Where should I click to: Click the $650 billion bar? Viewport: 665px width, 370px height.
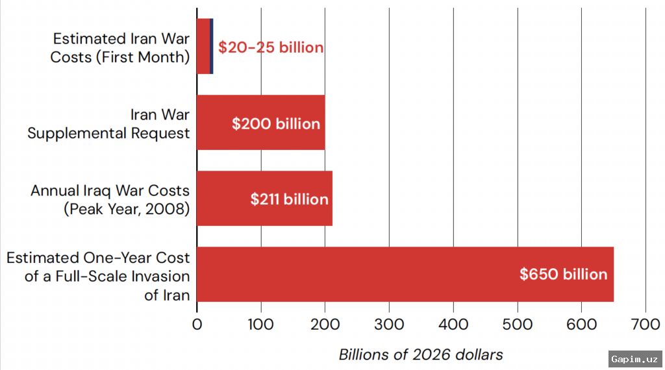[405, 274]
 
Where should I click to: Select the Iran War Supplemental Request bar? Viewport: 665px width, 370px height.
[261, 123]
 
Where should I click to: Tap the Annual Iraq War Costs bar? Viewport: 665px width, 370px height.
[265, 199]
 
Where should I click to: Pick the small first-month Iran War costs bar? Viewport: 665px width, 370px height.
[205, 46]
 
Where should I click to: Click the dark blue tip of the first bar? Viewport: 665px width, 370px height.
[212, 46]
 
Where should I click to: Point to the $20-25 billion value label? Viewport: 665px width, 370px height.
[271, 47]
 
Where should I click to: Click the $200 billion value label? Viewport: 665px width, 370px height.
[275, 124]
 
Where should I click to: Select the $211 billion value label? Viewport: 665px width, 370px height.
[289, 199]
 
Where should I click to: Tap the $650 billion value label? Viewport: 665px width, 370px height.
[563, 274]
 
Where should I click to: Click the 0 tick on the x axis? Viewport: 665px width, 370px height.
[197, 325]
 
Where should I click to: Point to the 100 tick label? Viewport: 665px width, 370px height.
[261, 325]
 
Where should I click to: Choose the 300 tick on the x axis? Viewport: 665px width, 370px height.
[389, 325]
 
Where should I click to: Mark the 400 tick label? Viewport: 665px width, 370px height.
[453, 325]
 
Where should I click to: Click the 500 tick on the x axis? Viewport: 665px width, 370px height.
[518, 325]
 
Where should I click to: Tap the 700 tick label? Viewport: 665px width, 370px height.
[646, 325]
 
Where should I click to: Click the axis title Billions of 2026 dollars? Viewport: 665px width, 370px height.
[421, 354]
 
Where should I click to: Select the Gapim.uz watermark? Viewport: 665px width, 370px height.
[635, 360]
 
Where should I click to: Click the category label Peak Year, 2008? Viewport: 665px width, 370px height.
[127, 209]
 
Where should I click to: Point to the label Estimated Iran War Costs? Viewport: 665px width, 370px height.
[121, 38]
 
